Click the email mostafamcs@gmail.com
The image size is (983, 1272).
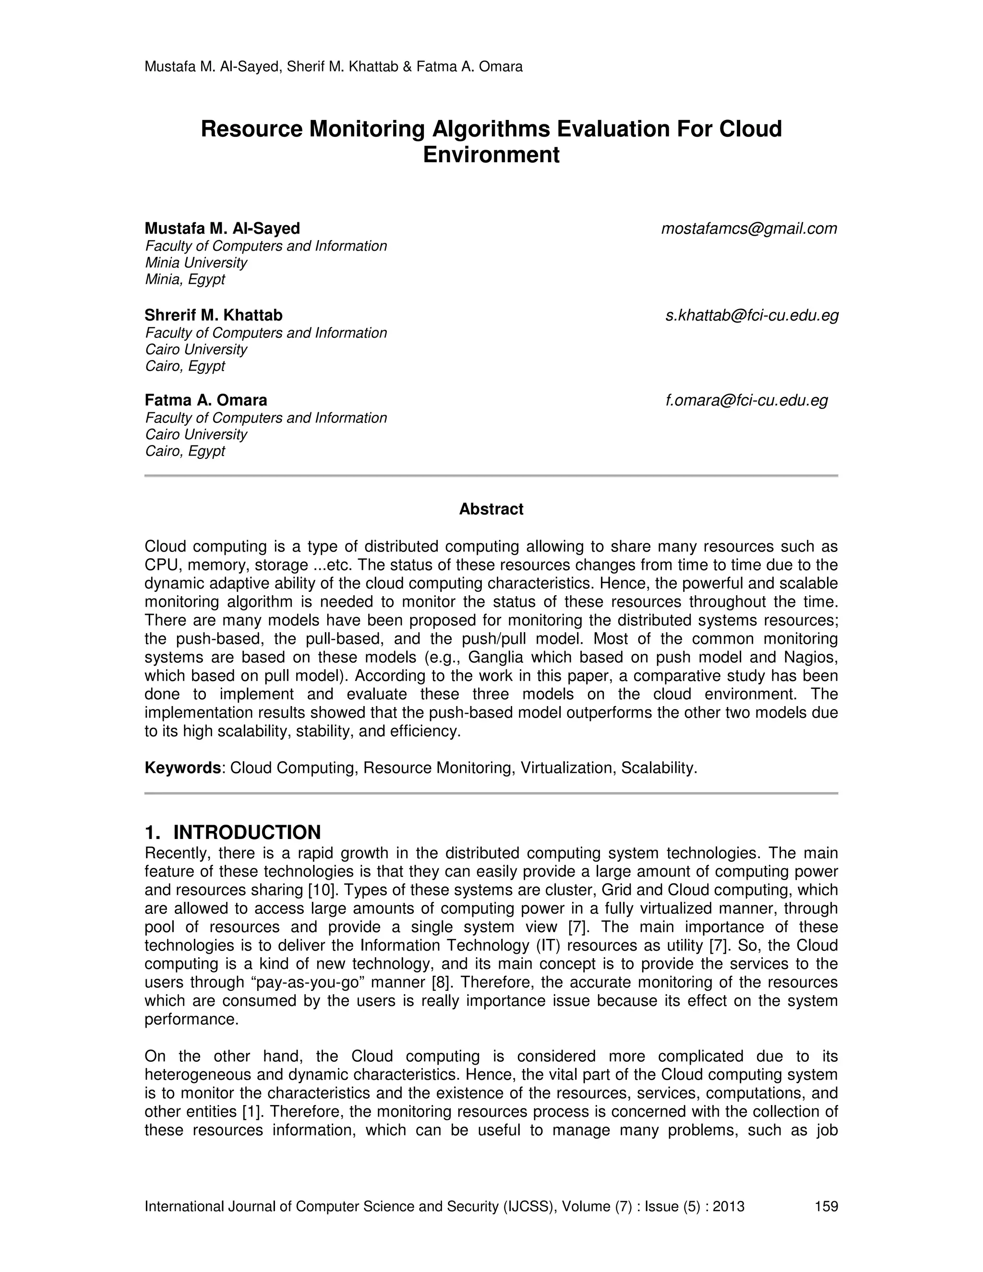[x=749, y=229]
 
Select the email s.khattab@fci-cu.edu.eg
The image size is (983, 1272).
[x=752, y=316]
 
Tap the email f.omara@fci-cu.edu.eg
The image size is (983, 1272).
[x=746, y=401]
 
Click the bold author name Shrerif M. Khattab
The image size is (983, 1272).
[x=213, y=316]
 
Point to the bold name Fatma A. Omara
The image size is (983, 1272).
[x=205, y=401]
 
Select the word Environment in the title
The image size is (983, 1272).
[x=491, y=155]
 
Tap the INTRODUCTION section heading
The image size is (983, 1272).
[x=246, y=832]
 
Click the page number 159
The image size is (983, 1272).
[x=826, y=1206]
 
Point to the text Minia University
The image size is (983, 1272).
[x=196, y=263]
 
